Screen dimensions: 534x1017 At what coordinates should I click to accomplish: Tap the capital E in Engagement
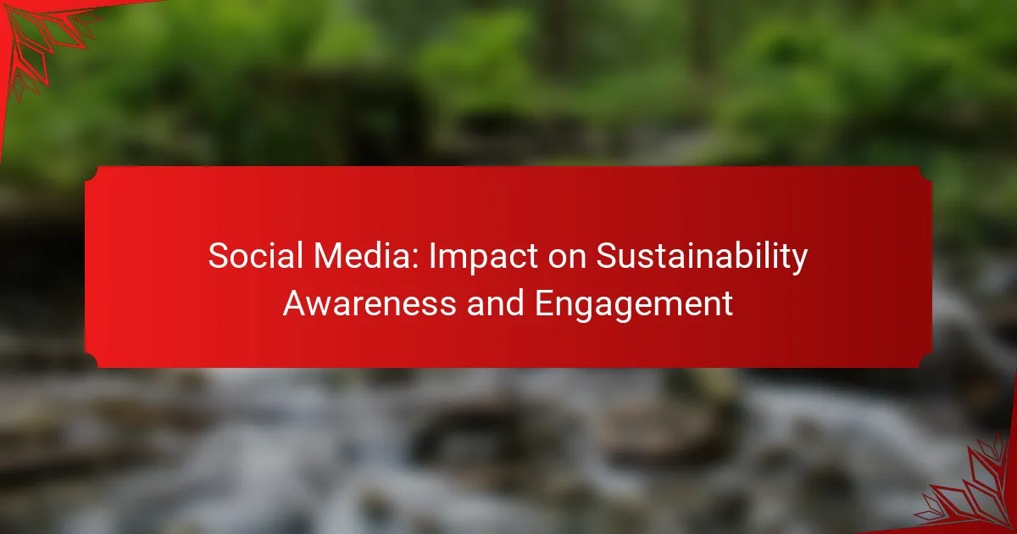(544, 303)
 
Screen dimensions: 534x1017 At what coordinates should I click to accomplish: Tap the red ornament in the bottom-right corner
(975, 492)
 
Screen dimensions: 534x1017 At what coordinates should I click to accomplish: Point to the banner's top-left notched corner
(91, 172)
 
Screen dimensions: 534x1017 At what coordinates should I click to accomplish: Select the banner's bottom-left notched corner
(91, 362)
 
